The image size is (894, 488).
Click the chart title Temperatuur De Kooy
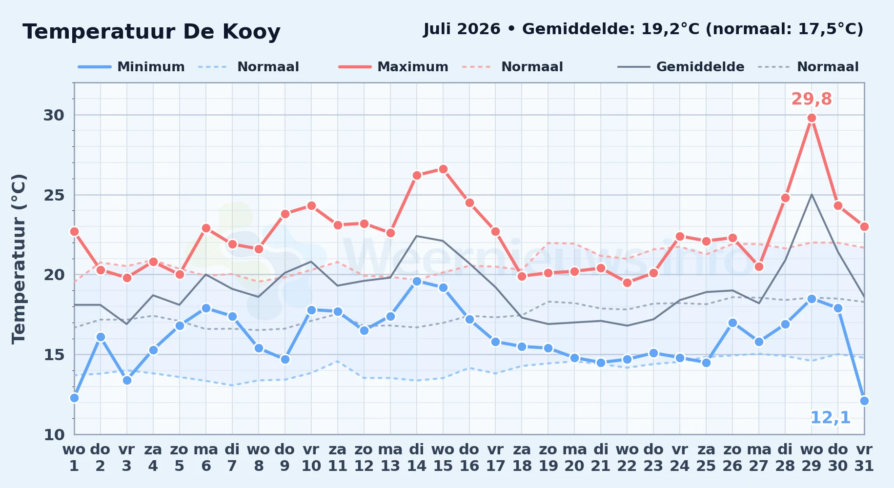[x=152, y=32]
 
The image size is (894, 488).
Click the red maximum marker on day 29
[x=812, y=118]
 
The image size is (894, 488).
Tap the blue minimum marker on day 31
[x=864, y=401]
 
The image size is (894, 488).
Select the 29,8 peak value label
[x=812, y=99]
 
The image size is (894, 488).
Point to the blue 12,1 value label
[x=830, y=418]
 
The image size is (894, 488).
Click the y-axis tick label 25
[x=54, y=195]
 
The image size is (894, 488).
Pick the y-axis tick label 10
[x=54, y=434]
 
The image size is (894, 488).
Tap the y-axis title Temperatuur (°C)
[x=19, y=259]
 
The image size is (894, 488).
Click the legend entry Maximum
[x=413, y=67]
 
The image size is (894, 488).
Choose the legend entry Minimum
[x=151, y=67]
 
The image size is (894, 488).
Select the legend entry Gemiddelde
[x=700, y=67]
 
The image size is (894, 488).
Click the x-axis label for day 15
[x=443, y=457]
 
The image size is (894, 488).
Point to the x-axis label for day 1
[x=74, y=457]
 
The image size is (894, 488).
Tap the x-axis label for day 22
[x=627, y=457]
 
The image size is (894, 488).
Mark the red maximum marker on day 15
[x=443, y=169]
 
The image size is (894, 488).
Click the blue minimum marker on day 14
[x=417, y=281]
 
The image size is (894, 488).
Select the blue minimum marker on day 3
[x=127, y=380]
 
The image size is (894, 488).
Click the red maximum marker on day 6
[x=206, y=228]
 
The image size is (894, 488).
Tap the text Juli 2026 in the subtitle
[x=462, y=29]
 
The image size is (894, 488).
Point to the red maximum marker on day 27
[x=759, y=266]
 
